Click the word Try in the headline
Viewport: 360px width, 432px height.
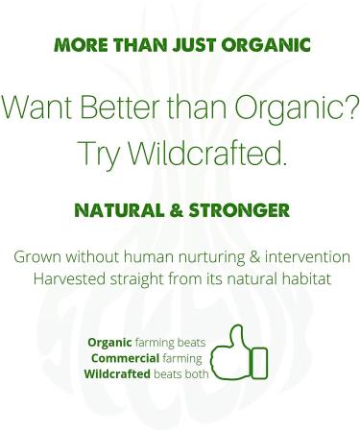93,154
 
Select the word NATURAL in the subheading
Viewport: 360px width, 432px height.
120,208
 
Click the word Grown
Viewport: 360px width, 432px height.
36,258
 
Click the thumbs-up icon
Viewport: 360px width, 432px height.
239,356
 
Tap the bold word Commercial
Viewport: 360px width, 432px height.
126,358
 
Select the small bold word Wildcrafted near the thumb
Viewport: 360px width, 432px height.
118,373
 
